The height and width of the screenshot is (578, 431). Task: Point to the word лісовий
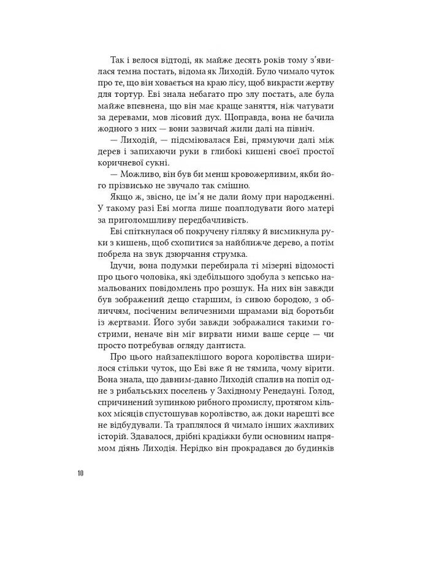point(179,118)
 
